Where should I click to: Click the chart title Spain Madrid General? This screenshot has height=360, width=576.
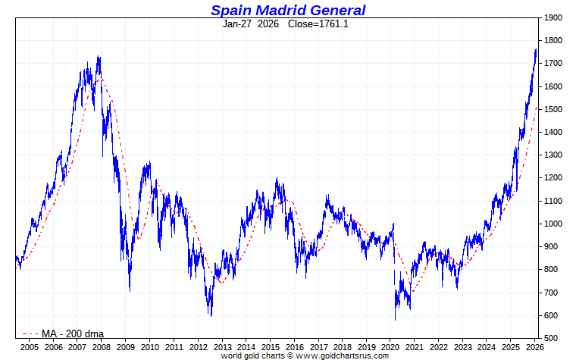288,10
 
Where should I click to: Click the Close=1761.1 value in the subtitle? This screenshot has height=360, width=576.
318,23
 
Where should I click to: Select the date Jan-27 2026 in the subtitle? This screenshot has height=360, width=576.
251,23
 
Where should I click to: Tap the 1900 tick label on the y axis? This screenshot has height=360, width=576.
553,17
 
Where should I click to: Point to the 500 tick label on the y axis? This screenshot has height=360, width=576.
550,338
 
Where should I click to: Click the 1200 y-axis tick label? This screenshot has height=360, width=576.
553,178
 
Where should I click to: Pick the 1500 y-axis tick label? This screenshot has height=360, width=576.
553,109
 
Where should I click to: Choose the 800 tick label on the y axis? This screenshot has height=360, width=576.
550,270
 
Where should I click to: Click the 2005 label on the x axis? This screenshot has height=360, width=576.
29,347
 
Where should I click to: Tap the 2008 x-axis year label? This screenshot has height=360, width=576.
102,347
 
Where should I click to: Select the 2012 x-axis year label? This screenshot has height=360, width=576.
198,347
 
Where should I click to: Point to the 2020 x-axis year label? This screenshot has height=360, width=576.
391,347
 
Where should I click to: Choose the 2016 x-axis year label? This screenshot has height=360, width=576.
295,347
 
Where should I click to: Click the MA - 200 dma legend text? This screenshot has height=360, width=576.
73,333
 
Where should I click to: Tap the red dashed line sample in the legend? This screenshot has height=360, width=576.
30,333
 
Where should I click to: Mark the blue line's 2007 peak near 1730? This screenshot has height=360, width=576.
99,57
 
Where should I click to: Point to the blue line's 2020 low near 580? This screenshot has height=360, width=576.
396,319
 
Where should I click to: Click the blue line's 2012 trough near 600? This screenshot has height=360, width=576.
210,315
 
